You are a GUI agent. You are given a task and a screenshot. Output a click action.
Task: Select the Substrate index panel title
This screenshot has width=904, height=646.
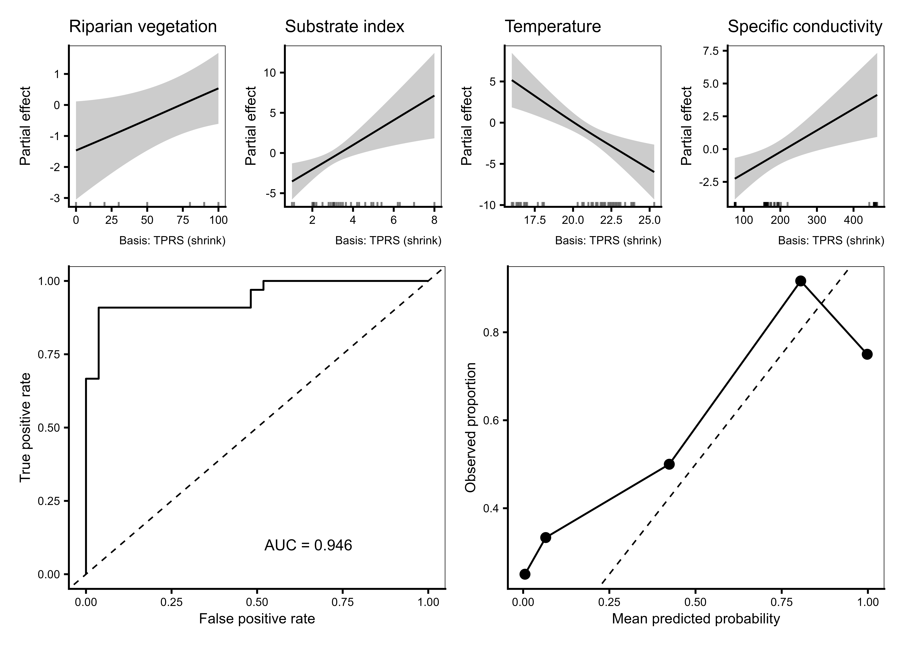345,27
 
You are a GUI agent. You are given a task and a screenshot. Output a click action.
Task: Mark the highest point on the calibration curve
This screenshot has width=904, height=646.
801,281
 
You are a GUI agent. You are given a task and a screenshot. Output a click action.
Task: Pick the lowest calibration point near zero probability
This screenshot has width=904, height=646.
525,574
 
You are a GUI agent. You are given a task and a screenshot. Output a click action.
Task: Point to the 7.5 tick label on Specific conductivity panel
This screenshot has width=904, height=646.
713,51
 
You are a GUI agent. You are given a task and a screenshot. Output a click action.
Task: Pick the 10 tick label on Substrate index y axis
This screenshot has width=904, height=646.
269,72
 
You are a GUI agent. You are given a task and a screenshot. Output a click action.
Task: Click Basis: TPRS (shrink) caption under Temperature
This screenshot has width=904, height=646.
608,241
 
